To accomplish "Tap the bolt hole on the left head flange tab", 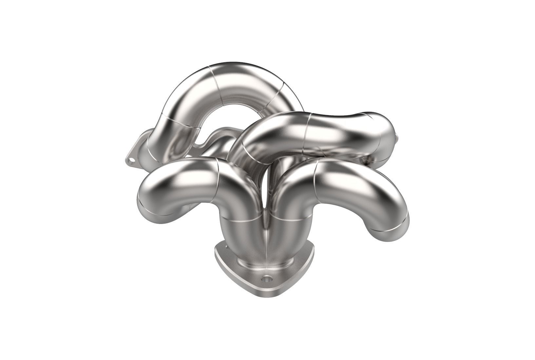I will [132, 161].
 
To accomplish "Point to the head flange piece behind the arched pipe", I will [215, 138].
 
